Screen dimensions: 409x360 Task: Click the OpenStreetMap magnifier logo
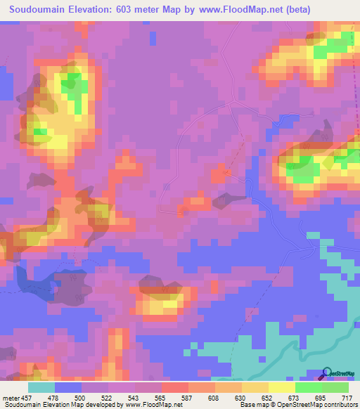[327, 373]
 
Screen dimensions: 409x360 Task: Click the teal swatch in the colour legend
[41, 387]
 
